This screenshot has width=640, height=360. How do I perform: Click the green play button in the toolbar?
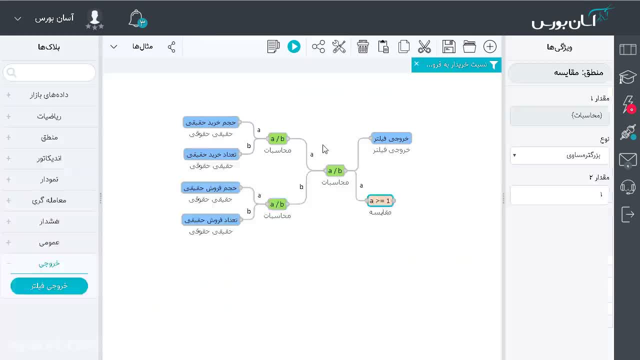293,46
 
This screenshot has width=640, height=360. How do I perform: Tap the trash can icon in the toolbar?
362,46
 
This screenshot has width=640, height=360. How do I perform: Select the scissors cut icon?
424,46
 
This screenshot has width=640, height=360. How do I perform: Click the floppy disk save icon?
448,46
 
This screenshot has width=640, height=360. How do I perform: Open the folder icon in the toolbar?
469,46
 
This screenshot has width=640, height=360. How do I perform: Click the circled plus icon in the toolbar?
489,46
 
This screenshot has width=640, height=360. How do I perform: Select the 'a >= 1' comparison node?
380,201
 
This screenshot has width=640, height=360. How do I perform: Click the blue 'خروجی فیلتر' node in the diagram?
391,138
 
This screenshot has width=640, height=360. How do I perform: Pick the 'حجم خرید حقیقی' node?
211,122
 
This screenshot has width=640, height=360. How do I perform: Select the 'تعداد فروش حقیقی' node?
211,220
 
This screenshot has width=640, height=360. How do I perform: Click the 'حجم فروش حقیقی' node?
210,188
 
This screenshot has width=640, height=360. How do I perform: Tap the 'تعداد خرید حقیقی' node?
211,154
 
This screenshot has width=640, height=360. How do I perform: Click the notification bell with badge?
137,19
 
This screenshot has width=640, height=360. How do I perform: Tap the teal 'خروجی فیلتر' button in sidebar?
49,286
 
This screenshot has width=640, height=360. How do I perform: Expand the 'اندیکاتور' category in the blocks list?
49,158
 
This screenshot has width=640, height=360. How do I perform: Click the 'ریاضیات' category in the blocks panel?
49,116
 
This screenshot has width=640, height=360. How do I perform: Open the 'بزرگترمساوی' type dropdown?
559,155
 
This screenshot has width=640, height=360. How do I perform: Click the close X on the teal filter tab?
416,63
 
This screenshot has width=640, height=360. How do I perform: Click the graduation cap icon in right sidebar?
627,76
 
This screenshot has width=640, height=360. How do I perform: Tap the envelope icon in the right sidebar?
627,160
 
